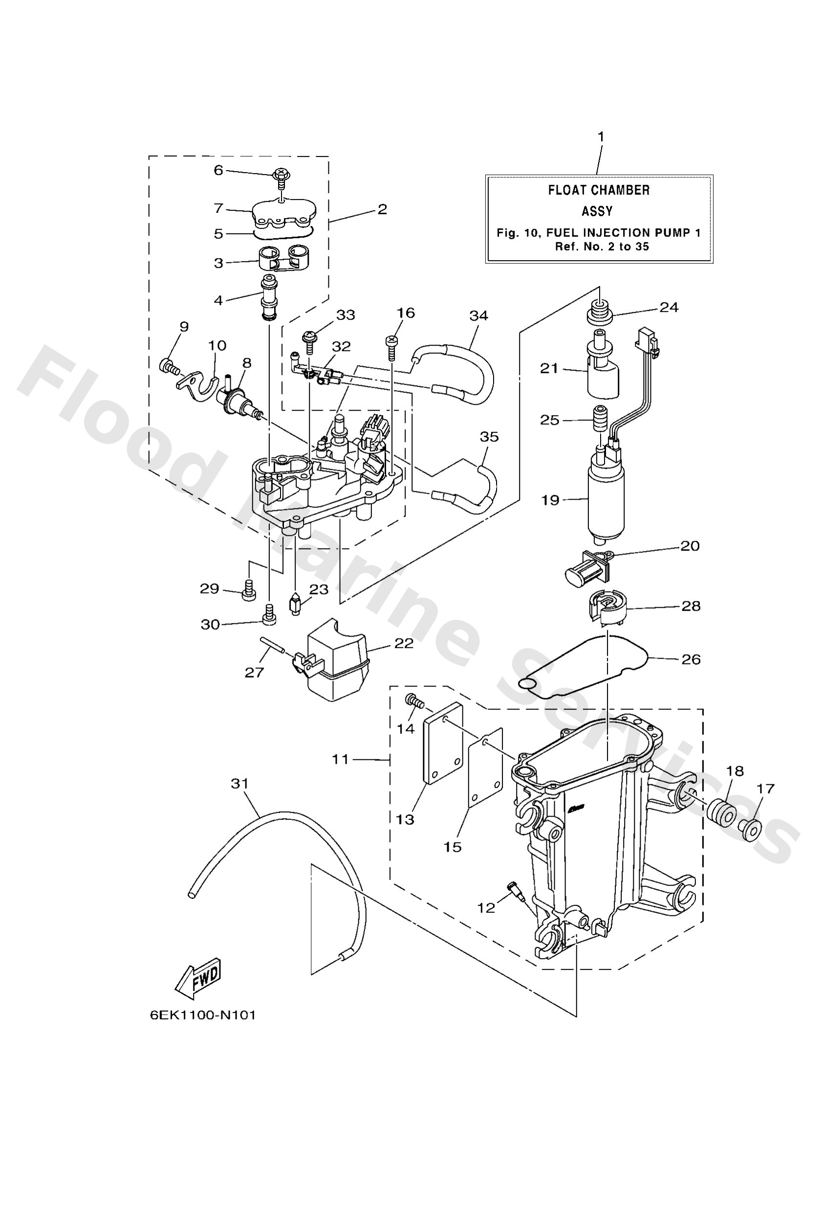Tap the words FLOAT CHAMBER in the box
[x=599, y=190]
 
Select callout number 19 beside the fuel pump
[x=550, y=500]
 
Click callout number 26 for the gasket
[x=691, y=659]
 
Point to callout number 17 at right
[x=766, y=788]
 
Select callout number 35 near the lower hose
[x=489, y=436]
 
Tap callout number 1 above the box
[x=601, y=137]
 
